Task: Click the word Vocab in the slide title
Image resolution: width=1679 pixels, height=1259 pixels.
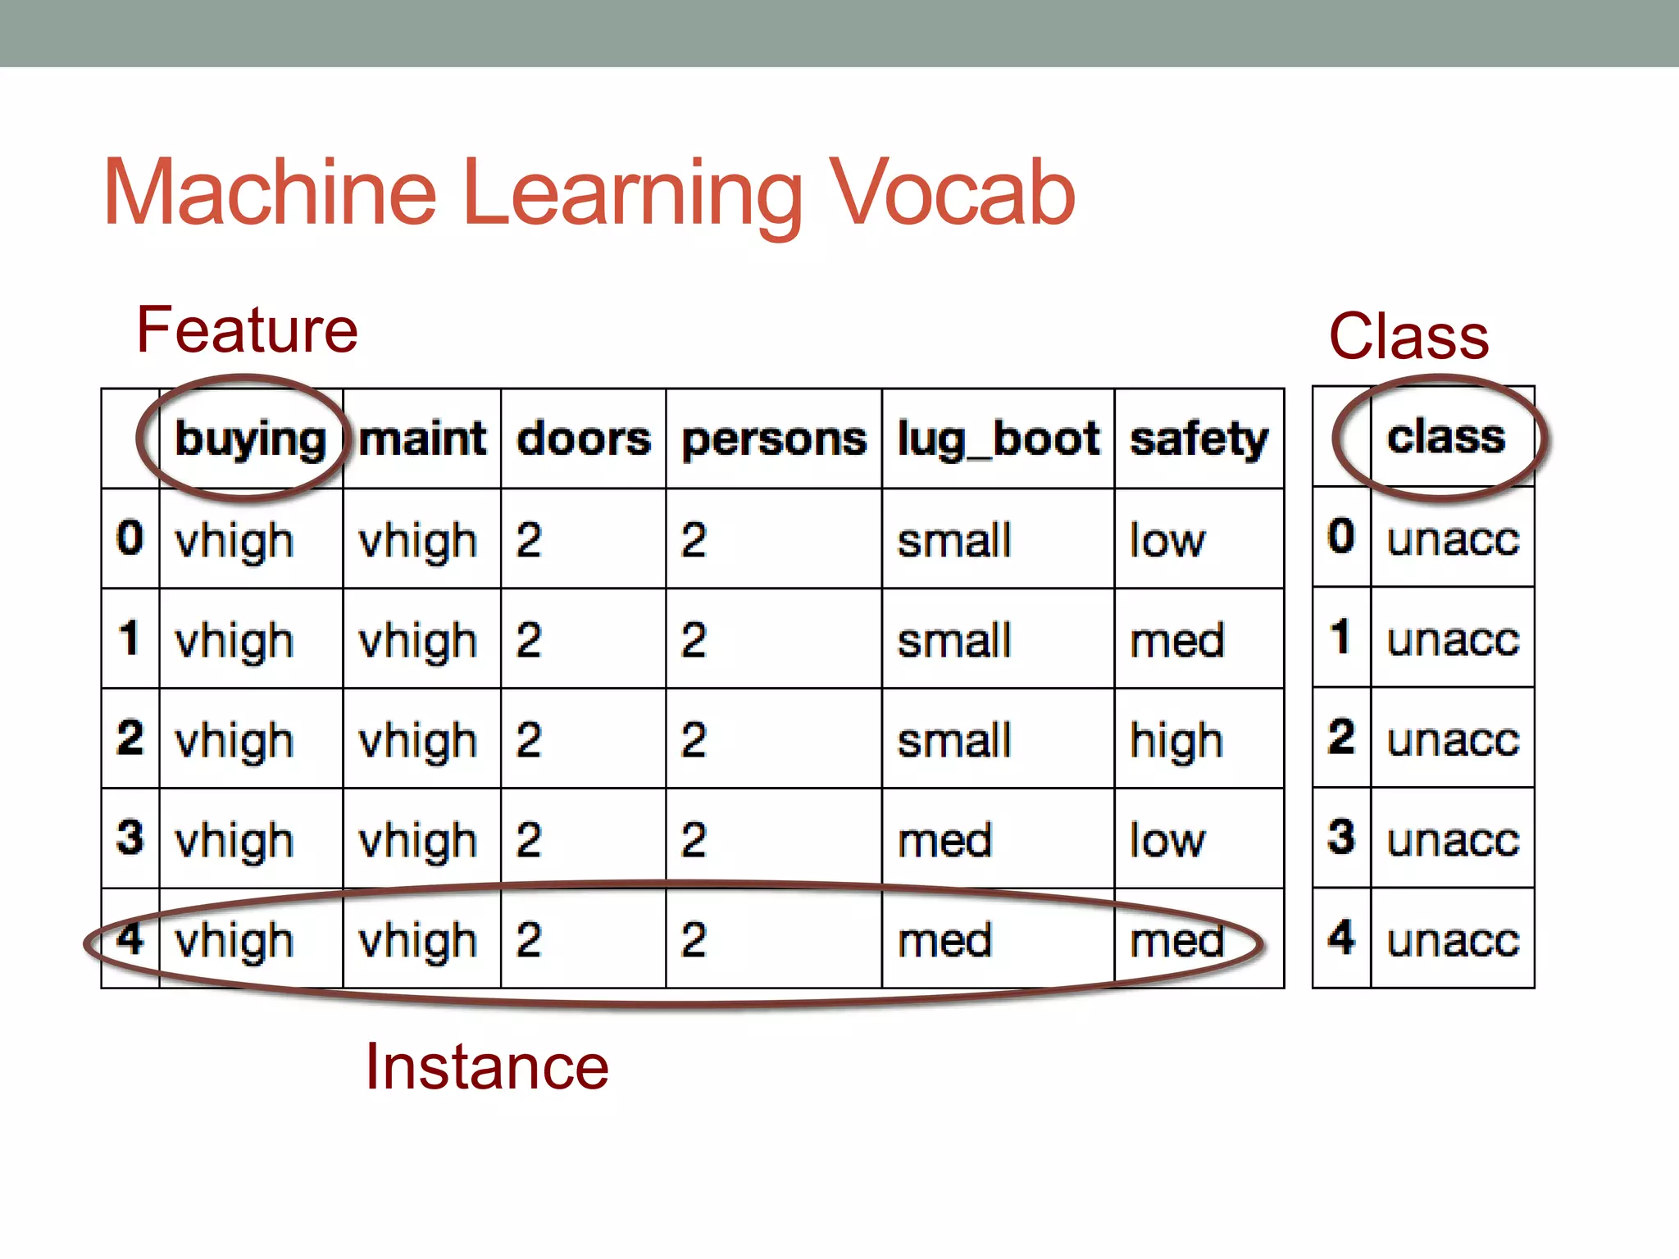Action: [951, 193]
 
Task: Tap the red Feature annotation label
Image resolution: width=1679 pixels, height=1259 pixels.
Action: [247, 330]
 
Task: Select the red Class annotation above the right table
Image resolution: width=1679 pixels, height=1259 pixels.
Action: [1408, 336]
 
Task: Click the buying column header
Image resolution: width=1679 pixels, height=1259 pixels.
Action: [250, 439]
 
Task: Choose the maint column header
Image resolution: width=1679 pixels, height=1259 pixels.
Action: [422, 439]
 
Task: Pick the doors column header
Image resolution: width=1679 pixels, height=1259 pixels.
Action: [584, 439]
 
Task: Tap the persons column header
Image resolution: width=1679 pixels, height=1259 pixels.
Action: [774, 439]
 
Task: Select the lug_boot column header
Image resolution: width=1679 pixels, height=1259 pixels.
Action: [998, 439]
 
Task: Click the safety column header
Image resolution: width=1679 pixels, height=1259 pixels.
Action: [1199, 439]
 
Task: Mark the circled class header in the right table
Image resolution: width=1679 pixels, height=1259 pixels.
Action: [1446, 437]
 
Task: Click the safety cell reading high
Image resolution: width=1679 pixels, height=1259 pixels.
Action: [1176, 740]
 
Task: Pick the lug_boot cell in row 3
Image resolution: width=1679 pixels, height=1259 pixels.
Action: [944, 840]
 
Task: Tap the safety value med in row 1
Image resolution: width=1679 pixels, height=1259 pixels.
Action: [1176, 640]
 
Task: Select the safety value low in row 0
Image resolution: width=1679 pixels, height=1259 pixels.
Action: [1167, 540]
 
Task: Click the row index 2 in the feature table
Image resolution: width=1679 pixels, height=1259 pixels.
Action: [130, 738]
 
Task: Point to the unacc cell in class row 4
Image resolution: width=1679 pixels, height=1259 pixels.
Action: [1453, 939]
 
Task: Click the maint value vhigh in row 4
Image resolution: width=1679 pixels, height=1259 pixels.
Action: [418, 940]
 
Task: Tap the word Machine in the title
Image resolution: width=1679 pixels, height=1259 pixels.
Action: [271, 193]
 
